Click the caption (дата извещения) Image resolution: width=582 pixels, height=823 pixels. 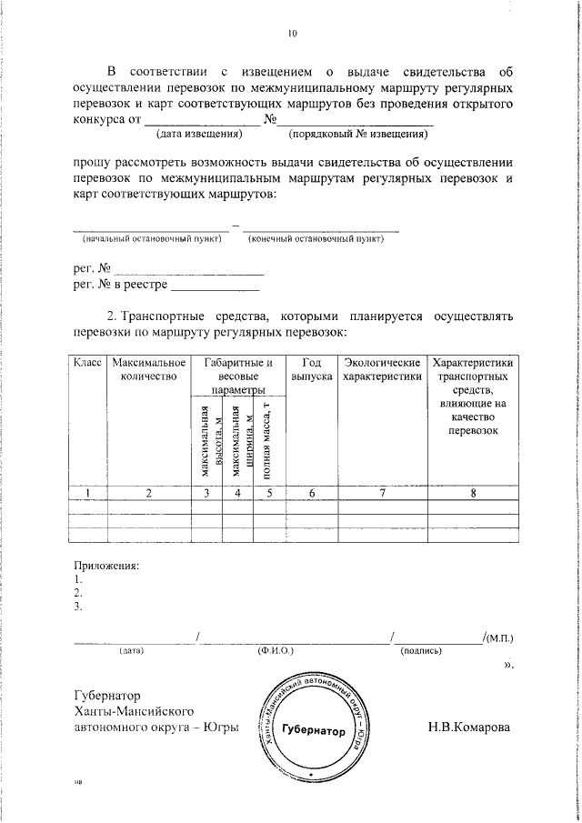coord(198,135)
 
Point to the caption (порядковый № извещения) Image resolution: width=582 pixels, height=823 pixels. coord(358,135)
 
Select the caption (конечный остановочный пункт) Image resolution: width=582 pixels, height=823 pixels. coord(316,239)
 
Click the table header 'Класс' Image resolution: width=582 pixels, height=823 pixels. coord(88,364)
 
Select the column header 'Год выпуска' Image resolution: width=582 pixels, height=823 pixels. coord(311,369)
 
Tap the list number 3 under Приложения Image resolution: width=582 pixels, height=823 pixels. coord(79,606)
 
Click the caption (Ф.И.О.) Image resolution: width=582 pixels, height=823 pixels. coord(274,651)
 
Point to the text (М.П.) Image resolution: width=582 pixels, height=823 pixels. coord(501,638)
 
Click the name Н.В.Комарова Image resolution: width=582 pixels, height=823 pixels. coord(467,728)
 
